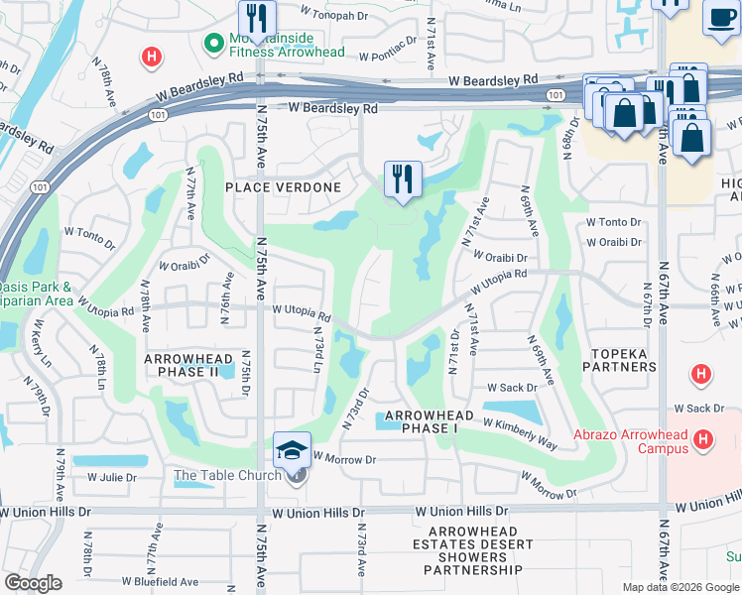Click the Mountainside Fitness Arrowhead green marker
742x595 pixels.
(x=211, y=44)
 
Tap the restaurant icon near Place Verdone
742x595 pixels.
(x=403, y=180)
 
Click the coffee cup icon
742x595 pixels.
(x=722, y=18)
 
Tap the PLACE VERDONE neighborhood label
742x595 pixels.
(x=283, y=187)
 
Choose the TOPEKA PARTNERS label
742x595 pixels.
(x=624, y=359)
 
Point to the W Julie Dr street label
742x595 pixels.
(x=112, y=477)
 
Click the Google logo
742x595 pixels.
(x=34, y=583)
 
